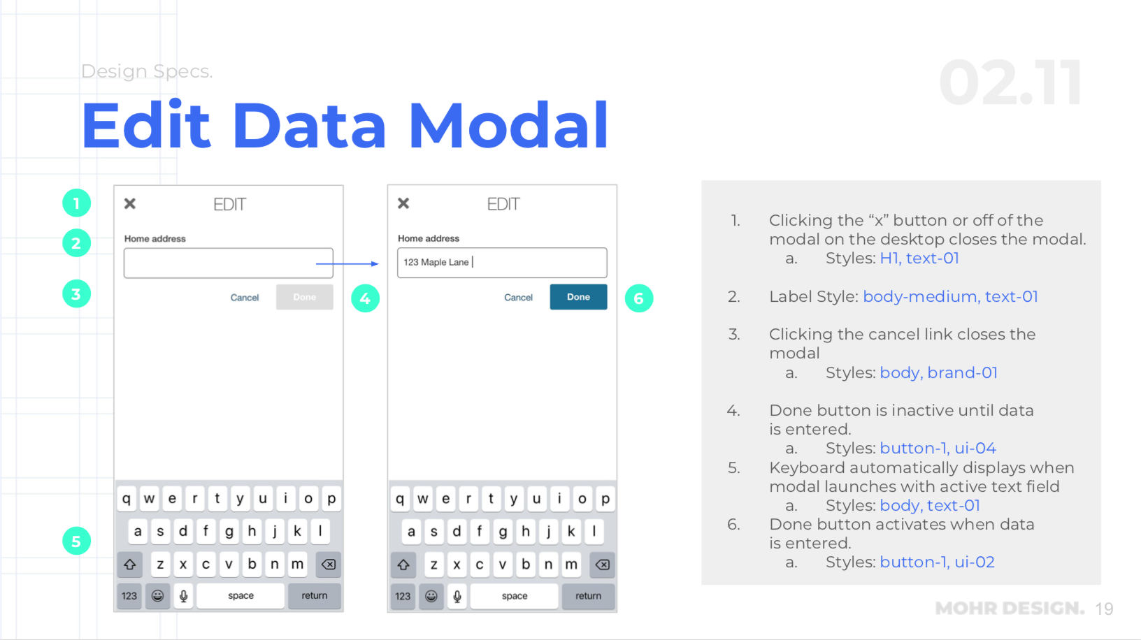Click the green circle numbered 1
(76, 203)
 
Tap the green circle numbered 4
(365, 298)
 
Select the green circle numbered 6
(639, 298)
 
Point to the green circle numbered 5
(76, 541)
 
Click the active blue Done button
(578, 297)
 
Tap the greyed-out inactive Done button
(305, 297)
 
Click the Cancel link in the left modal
(245, 298)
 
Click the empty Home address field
(228, 263)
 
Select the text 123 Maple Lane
(436, 262)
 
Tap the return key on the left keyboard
(315, 595)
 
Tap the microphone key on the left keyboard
(184, 596)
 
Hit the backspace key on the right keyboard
(602, 565)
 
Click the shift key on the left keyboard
(130, 564)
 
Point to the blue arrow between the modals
(347, 263)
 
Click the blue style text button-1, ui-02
(938, 562)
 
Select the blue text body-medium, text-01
(951, 296)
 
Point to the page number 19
(1105, 609)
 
